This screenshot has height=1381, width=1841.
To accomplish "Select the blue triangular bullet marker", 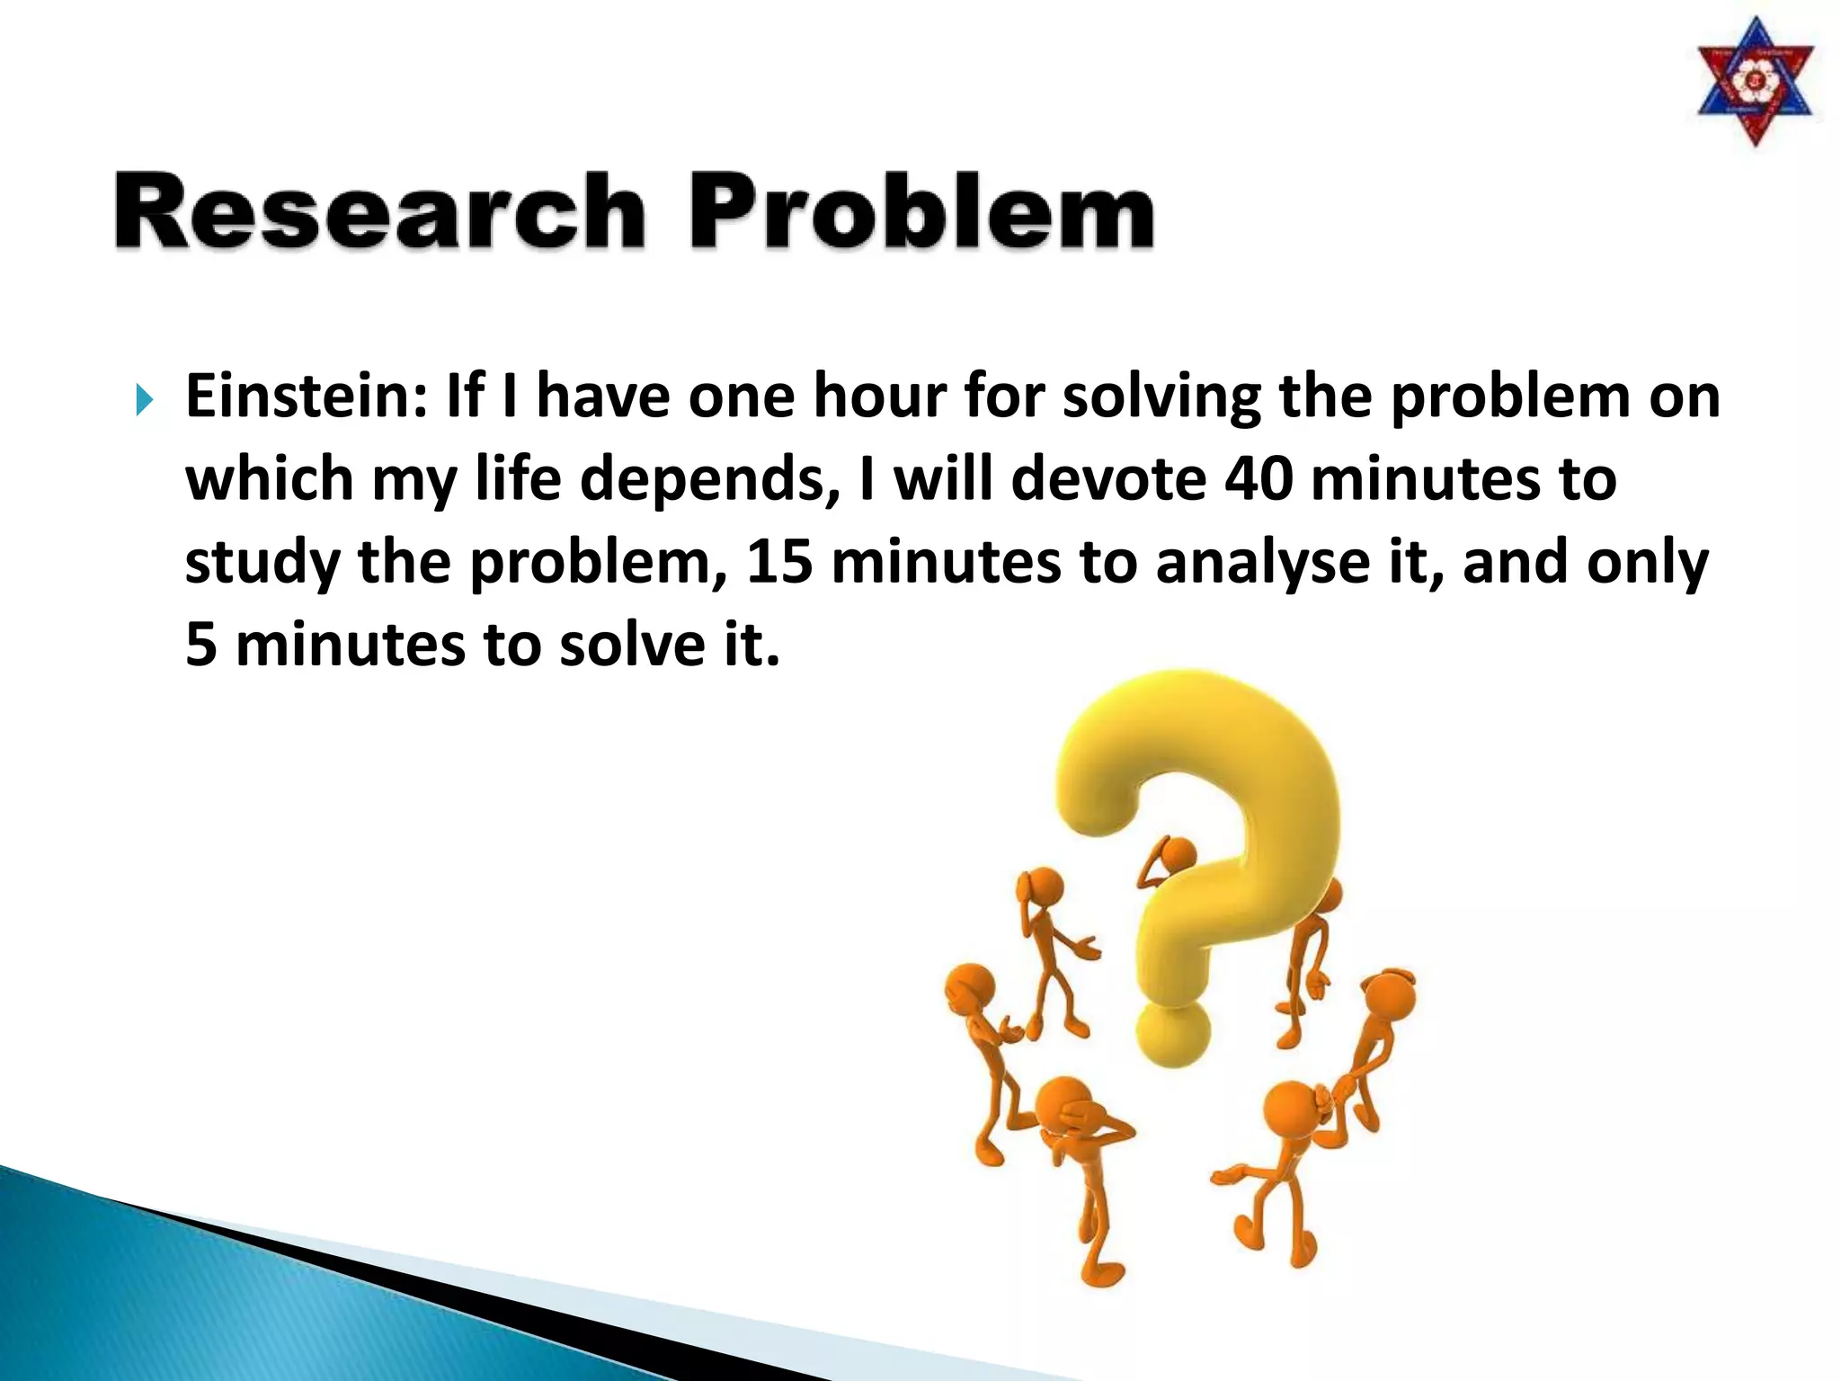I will point(144,400).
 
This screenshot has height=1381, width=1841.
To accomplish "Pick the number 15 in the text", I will point(778,562).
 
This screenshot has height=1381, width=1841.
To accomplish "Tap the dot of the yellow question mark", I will point(1171,1034).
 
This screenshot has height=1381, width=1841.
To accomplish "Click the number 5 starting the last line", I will point(200,646).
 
